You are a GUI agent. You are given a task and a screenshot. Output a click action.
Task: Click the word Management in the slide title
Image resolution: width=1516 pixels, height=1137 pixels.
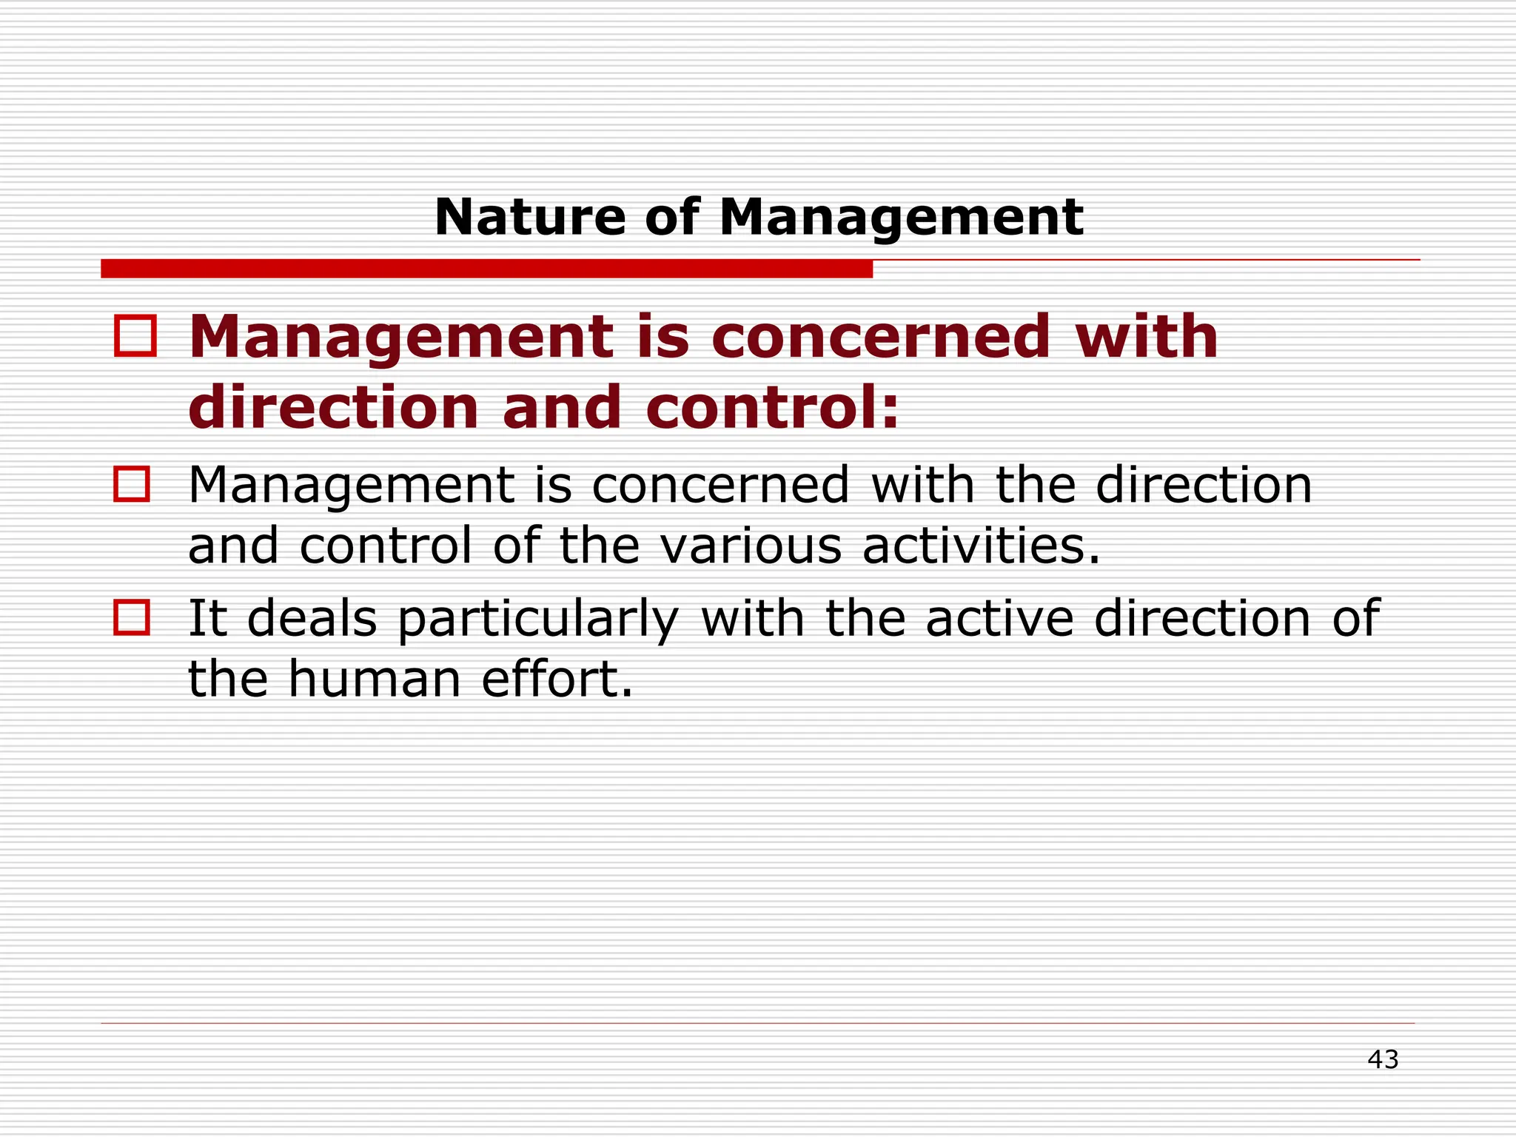pyautogui.click(x=901, y=219)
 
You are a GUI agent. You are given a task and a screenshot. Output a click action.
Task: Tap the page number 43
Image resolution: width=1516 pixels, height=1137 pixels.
pyautogui.click(x=1383, y=1060)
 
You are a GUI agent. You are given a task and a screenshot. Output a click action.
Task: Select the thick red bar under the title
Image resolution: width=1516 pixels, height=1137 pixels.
pyautogui.click(x=486, y=269)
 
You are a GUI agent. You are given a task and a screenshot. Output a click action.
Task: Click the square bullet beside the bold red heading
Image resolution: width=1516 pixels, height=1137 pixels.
pyautogui.click(x=135, y=337)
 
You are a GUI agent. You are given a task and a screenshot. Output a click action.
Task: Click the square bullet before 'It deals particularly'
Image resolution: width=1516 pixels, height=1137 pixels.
pyautogui.click(x=132, y=617)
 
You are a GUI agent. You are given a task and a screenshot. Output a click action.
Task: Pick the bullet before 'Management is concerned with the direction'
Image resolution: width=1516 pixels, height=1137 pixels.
pyautogui.click(x=132, y=484)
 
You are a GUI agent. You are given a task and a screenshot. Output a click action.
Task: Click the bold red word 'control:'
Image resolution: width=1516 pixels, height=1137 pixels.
pyautogui.click(x=772, y=407)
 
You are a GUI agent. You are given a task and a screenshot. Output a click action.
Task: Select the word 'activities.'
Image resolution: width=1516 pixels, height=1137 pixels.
pyautogui.click(x=981, y=546)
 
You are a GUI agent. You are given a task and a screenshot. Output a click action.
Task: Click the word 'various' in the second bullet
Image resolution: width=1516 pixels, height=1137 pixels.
pyautogui.click(x=750, y=546)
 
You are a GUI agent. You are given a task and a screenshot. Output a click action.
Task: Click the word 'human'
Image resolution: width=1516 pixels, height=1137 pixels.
pyautogui.click(x=375, y=679)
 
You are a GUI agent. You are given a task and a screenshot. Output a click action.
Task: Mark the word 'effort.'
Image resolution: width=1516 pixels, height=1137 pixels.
pyautogui.click(x=557, y=679)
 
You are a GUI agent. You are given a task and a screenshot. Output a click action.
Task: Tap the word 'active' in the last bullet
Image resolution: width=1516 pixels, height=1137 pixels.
pyautogui.click(x=999, y=618)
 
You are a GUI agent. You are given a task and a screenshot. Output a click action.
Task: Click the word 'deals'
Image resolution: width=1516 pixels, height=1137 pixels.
pyautogui.click(x=312, y=618)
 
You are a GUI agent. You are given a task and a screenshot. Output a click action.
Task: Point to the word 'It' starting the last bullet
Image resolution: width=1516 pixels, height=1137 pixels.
pyautogui.click(x=207, y=618)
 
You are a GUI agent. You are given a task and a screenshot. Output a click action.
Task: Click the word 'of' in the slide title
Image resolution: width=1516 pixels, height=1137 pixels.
pyautogui.click(x=671, y=218)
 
